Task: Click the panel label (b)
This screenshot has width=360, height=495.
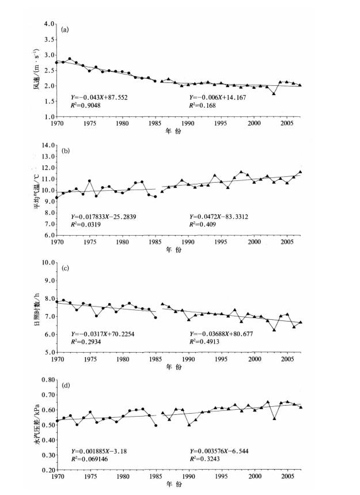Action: click(x=66, y=153)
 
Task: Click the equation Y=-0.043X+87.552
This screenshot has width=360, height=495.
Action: click(x=99, y=98)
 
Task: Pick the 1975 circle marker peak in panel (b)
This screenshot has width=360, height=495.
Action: click(x=89, y=181)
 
